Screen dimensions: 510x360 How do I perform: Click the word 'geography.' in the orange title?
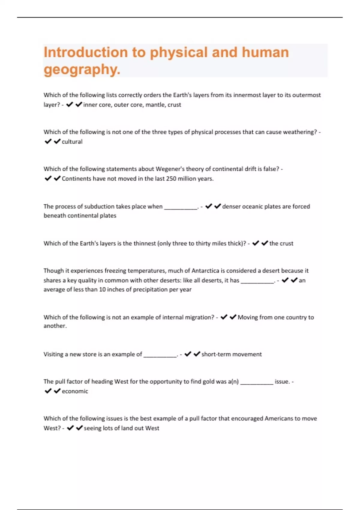click(x=82, y=70)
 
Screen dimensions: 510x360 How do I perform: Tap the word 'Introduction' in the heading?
click(x=86, y=52)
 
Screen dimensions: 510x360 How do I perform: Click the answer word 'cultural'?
click(x=72, y=142)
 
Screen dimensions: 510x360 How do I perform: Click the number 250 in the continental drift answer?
click(x=171, y=178)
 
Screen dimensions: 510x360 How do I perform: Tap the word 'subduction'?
click(x=98, y=206)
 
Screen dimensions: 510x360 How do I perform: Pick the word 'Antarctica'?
click(x=205, y=271)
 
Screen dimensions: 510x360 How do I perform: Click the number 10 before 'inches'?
click(x=102, y=289)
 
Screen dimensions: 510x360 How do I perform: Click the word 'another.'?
click(x=55, y=326)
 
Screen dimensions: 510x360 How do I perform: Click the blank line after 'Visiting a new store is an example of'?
click(x=160, y=355)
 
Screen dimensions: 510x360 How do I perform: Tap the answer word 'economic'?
click(x=75, y=391)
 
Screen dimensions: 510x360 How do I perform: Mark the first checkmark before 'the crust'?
click(x=256, y=243)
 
